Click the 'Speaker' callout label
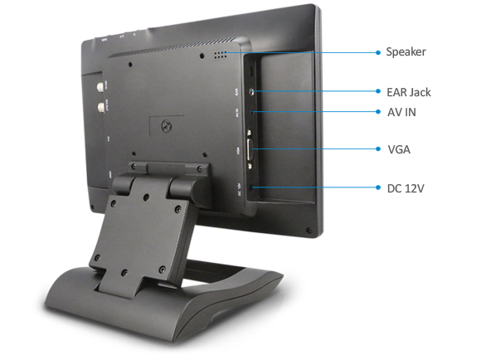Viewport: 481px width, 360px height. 406,52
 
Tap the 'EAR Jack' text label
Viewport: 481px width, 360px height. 409,92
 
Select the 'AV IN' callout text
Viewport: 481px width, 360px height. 401,112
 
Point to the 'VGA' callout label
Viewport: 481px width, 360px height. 399,149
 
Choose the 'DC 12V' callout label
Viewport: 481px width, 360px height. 406,188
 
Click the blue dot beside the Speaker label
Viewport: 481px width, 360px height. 378,52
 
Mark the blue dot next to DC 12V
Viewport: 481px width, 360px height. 378,187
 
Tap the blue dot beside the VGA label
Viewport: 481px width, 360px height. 378,148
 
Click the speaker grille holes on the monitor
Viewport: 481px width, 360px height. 221,55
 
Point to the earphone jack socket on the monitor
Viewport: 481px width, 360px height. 251,91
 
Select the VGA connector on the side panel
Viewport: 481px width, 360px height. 250,149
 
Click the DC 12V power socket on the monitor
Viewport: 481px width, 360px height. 252,187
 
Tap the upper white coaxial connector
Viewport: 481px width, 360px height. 100,86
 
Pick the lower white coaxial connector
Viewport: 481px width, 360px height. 101,107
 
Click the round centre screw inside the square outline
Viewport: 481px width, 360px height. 167,125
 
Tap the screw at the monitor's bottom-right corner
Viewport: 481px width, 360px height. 309,230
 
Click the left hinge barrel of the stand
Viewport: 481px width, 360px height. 122,185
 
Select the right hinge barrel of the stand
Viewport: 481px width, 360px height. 182,187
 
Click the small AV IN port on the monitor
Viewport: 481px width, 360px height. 252,112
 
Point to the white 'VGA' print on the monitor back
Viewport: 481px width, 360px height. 238,150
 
